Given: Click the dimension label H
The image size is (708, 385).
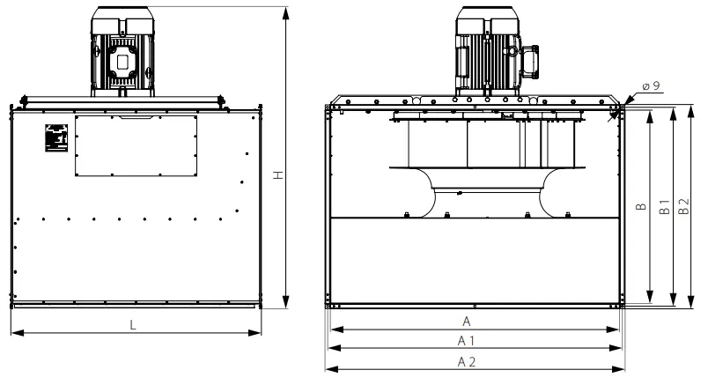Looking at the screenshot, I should tap(277, 176).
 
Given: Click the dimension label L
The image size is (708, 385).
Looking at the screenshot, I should tap(133, 325).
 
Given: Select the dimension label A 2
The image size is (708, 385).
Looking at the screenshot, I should tap(466, 362).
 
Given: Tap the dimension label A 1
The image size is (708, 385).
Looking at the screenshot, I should tap(467, 341).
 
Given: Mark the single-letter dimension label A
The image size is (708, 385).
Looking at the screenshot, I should tap(467, 321).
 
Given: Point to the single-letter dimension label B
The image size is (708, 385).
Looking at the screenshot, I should tap(640, 209).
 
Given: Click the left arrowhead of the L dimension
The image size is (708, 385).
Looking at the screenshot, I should tap(14, 333).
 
